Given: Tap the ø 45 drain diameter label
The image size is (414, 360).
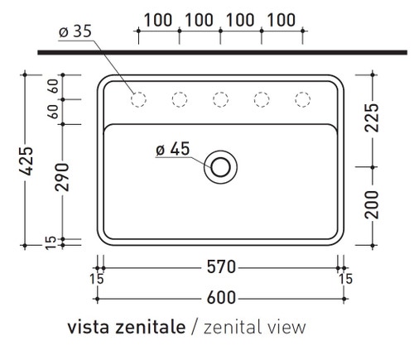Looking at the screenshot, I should (172, 149).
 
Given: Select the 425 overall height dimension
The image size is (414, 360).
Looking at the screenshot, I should (26, 161).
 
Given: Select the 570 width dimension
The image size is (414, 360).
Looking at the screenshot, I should (221, 266).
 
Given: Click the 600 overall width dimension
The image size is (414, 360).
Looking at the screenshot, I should (221, 297).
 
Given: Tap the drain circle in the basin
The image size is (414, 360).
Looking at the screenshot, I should (220, 166).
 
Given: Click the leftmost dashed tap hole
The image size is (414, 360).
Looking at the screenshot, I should (138, 100).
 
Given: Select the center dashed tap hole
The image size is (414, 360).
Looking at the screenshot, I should (220, 100).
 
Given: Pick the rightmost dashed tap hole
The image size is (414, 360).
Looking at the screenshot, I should (302, 100).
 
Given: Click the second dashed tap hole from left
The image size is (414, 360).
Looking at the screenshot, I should (180, 100).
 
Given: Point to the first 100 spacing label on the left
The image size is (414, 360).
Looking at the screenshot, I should (157, 19).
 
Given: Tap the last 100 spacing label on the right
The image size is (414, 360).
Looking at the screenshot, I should (282, 19).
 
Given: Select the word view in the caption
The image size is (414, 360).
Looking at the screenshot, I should (285, 328).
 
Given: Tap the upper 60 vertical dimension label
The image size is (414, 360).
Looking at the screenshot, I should (51, 86).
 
